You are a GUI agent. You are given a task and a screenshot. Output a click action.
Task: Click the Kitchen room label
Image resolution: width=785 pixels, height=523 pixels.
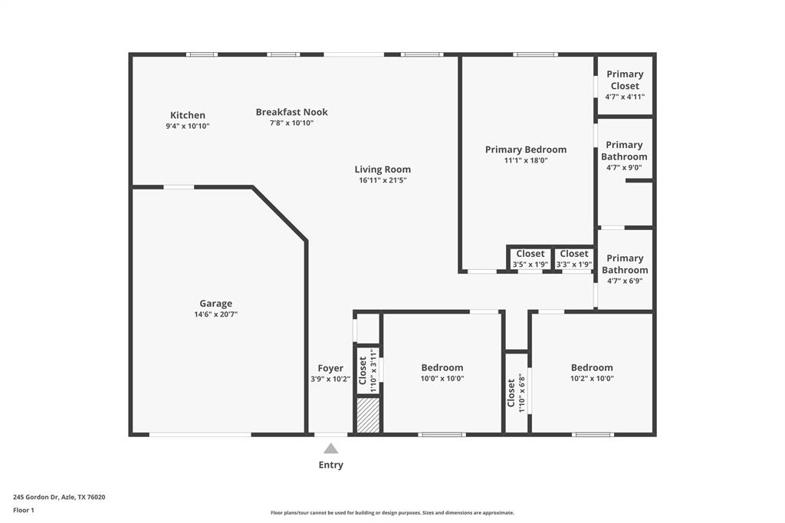(188, 115)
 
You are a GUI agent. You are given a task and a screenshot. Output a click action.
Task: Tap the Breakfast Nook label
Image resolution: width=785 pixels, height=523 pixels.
(291, 112)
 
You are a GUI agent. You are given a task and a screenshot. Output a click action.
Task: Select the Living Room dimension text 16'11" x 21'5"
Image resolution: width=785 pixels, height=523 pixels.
(383, 180)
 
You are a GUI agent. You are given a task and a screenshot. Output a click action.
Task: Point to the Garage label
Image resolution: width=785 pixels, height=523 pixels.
(215, 304)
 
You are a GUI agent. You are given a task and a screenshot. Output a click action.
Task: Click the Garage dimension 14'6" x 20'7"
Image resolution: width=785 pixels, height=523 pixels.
(215, 314)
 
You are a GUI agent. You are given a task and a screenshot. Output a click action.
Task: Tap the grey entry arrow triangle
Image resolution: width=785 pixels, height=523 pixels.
(330, 449)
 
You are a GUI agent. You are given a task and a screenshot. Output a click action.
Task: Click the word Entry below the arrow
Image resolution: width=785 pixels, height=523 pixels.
(330, 465)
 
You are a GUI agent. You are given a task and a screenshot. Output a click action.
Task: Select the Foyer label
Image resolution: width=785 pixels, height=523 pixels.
(330, 368)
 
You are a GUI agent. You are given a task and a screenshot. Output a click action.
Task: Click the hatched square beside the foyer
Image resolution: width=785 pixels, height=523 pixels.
(368, 415)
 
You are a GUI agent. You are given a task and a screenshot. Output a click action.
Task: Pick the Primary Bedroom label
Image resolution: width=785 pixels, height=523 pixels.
(525, 150)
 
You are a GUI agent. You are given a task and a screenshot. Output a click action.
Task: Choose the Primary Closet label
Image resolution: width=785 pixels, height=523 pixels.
(625, 80)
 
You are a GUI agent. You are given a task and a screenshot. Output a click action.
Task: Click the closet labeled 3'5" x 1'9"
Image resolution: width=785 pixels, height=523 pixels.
(530, 259)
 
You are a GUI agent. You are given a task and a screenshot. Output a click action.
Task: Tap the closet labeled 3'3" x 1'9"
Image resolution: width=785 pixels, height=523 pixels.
(574, 259)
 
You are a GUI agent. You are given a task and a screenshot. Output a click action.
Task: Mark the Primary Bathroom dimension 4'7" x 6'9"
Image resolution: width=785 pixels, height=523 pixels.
(625, 281)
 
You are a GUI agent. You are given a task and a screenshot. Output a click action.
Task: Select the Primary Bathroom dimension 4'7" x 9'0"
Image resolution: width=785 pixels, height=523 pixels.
(625, 167)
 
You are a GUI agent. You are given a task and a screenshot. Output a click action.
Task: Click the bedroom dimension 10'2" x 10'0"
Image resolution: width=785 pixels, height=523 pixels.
(592, 378)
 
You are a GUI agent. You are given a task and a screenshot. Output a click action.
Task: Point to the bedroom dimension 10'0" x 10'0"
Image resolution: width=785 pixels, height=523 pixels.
(442, 378)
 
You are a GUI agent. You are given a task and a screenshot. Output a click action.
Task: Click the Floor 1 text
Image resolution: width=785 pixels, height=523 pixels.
(24, 510)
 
